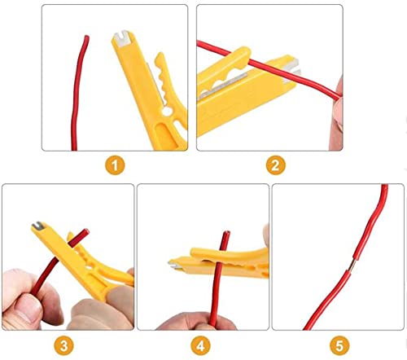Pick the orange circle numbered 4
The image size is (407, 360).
(x=201, y=345)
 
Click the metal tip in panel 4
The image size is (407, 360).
(x=173, y=262)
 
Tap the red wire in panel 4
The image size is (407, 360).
(x=221, y=281)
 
